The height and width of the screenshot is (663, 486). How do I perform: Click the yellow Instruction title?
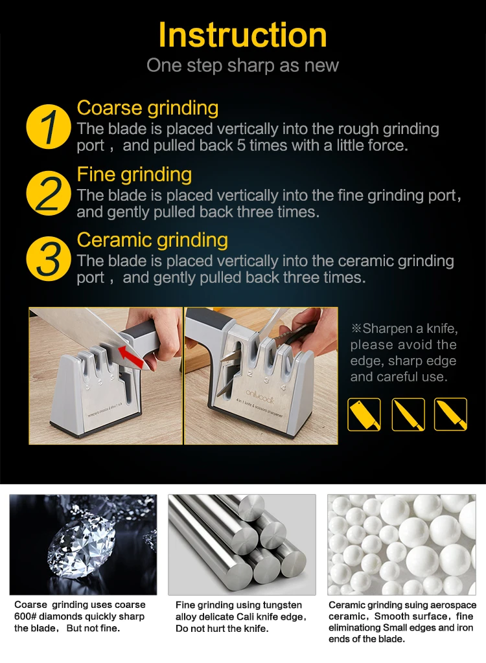pos(242,35)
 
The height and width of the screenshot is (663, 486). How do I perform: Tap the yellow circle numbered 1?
pos(48,126)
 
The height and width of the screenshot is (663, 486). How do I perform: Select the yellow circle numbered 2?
pos(48,193)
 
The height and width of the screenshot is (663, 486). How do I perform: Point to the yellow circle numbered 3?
pos(48,259)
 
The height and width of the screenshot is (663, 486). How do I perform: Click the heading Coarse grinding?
pos(147,108)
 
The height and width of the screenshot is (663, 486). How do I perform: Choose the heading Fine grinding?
pos(134,175)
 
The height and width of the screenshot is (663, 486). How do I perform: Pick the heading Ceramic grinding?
pos(152,240)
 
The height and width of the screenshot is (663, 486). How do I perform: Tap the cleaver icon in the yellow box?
pos(364,414)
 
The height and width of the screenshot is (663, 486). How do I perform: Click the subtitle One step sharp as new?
pos(242,65)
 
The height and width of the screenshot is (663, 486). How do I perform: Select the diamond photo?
pos(83,545)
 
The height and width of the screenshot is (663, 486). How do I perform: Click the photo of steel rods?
pos(242,545)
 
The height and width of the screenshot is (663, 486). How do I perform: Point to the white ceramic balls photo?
pos(401,545)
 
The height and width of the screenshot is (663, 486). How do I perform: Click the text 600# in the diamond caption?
pos(25,616)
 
